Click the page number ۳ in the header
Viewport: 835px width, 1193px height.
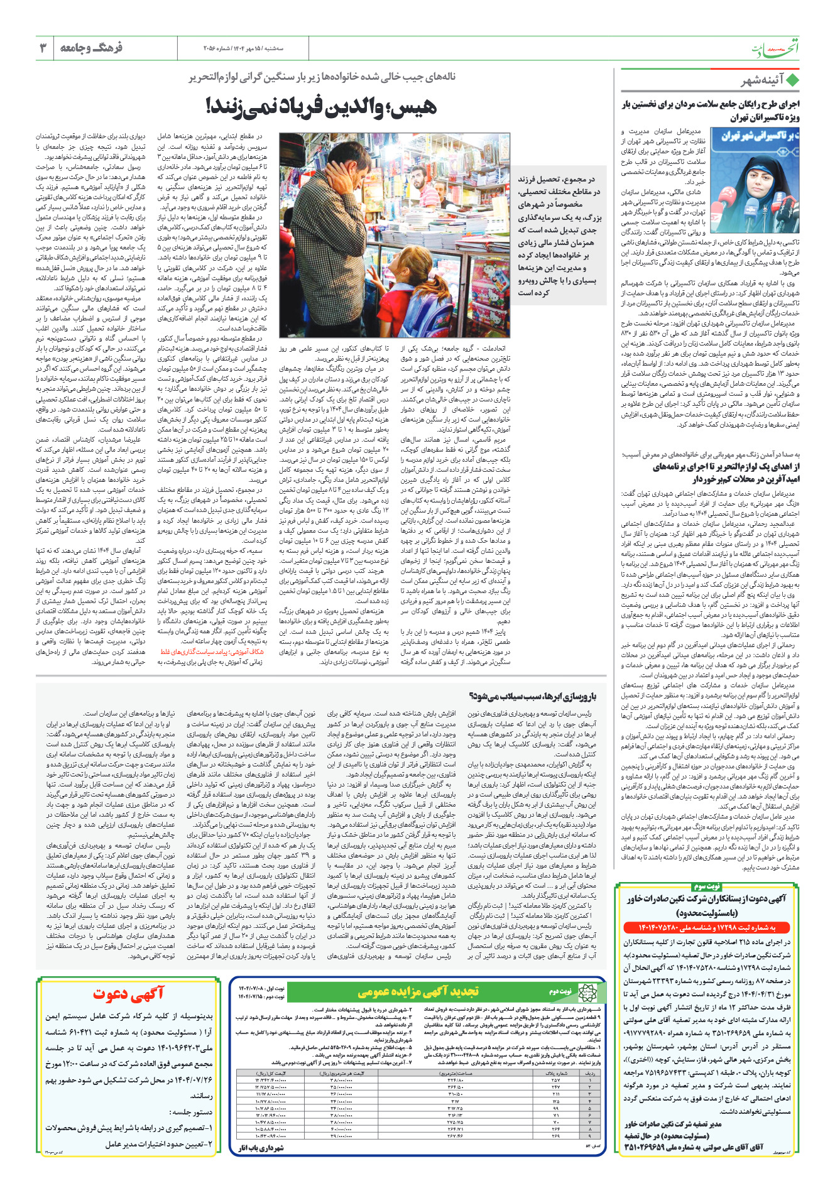(43, 48)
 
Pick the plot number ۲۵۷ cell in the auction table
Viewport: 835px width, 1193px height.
(555, 1063)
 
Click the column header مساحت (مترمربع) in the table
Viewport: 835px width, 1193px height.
(456, 1056)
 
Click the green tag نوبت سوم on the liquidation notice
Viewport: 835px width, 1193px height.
(706, 886)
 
